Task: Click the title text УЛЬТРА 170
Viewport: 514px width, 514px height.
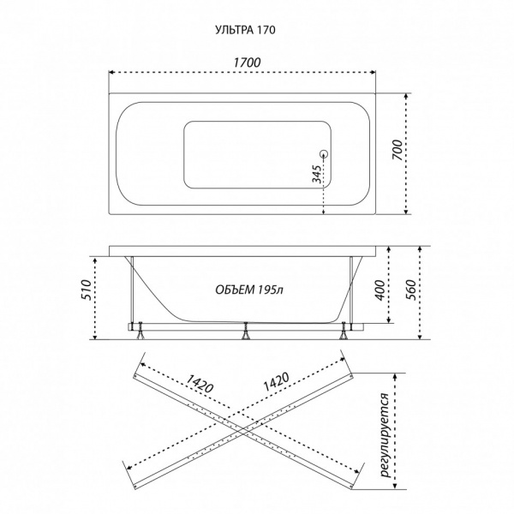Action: (x=245, y=30)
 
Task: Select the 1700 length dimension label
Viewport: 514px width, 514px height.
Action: (x=247, y=63)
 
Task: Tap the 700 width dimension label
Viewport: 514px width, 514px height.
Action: (x=397, y=150)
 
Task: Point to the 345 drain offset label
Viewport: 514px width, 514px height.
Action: (x=317, y=174)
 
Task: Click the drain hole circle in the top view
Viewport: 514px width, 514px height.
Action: (x=324, y=153)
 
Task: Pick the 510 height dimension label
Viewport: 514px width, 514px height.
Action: (x=86, y=290)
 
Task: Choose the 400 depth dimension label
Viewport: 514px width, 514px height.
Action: (x=380, y=290)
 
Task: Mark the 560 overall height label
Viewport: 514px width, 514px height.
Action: (x=410, y=290)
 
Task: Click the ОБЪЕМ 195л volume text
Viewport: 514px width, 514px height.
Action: (x=249, y=290)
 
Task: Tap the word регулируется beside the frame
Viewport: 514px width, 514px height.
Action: (x=385, y=435)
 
